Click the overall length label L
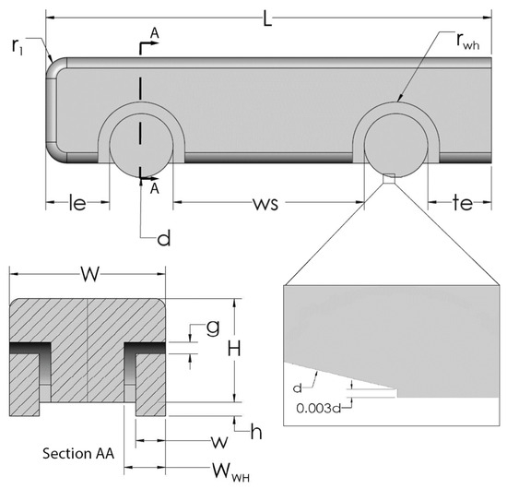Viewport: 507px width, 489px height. click(x=267, y=19)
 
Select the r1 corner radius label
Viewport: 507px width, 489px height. click(x=18, y=47)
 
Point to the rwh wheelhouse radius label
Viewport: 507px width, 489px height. click(x=468, y=42)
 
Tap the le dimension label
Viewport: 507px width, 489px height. click(x=77, y=203)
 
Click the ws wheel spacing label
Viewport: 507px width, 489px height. click(x=265, y=204)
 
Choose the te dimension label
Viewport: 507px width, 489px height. click(x=463, y=203)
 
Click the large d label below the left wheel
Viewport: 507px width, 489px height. click(x=163, y=238)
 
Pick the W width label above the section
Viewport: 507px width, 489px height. click(x=90, y=274)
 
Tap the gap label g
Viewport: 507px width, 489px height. click(x=213, y=328)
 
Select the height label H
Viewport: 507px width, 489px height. click(x=234, y=349)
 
